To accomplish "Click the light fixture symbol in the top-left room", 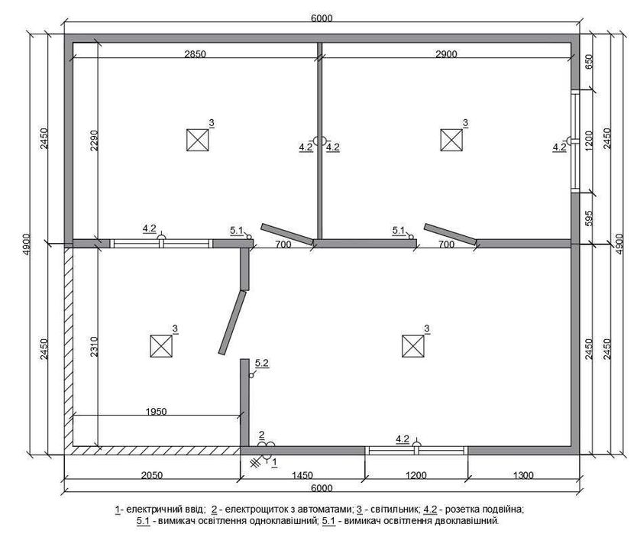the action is click(x=197, y=140).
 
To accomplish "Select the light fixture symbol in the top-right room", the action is click(x=451, y=140).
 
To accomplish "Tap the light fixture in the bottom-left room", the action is click(x=161, y=346).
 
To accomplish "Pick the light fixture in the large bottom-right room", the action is click(x=413, y=346).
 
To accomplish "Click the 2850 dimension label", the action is click(x=196, y=54).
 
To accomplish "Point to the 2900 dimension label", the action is click(x=446, y=54).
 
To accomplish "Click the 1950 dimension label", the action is click(x=156, y=411).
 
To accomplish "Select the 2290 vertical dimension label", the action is click(x=94, y=141).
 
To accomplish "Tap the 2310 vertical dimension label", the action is click(x=94, y=346).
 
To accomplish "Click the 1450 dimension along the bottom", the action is click(x=302, y=475).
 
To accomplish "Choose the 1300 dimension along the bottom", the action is click(x=523, y=475).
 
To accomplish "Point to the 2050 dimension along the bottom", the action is click(x=151, y=475).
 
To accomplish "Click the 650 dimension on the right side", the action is click(x=589, y=62).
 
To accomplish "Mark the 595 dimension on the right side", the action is click(x=589, y=218).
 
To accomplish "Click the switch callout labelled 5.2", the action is click(x=262, y=364).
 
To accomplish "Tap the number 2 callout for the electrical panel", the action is click(x=262, y=435).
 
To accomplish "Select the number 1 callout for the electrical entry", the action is click(x=274, y=462).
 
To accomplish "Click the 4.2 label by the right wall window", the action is click(x=559, y=147).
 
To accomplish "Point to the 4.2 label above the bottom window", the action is click(x=403, y=439).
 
